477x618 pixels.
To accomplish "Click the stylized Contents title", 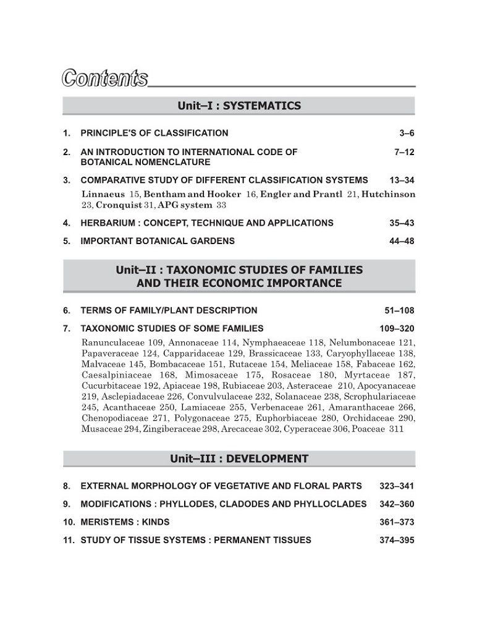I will click(104, 79).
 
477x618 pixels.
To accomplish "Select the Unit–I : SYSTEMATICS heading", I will click(239, 106).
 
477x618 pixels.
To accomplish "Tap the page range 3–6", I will click(407, 133).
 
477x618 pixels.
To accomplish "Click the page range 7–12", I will click(404, 151).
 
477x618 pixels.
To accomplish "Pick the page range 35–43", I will click(402, 223).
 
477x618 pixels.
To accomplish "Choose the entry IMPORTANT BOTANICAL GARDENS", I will click(158, 241).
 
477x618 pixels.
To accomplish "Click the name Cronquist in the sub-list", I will click(121, 205).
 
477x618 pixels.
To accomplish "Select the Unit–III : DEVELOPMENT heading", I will click(239, 459).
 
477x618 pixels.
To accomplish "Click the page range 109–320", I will click(397, 328).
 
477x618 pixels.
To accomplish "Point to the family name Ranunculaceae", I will click(112, 342).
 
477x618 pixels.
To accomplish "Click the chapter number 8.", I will click(66, 486).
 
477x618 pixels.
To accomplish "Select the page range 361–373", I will click(397, 522).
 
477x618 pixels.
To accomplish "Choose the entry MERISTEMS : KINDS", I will click(125, 522).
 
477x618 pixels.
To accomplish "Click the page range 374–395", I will click(397, 540).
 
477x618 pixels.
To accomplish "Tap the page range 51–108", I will click(399, 310).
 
